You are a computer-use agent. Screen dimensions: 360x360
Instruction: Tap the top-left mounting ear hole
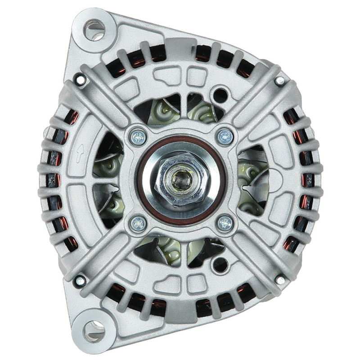[94, 30]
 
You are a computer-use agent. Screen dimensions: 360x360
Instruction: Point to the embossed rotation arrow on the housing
[80, 153]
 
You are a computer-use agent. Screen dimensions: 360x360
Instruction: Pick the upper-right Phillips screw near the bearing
[225, 137]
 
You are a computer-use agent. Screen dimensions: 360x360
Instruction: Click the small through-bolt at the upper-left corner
[81, 80]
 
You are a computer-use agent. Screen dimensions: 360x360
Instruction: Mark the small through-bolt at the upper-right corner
[280, 81]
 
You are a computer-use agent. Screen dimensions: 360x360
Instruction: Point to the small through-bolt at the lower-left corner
[81, 280]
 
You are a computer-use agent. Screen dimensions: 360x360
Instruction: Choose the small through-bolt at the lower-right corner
[280, 280]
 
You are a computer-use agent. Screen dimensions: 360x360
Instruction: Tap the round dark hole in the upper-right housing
[220, 95]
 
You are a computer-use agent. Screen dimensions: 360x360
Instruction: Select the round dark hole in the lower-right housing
[220, 265]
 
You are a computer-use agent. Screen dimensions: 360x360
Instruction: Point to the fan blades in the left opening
[108, 180]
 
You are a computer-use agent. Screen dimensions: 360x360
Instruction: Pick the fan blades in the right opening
[253, 180]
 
